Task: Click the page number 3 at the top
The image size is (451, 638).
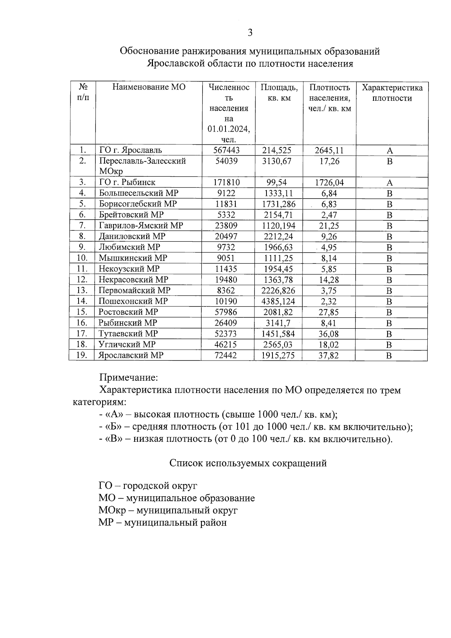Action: pos(250,33)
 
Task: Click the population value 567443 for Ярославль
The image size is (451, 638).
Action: pos(226,150)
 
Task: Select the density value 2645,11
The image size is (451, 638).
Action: pos(329,150)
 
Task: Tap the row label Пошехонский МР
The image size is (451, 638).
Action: pos(133,301)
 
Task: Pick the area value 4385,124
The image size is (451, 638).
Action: pos(279,302)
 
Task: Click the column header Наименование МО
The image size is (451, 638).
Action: pos(149,87)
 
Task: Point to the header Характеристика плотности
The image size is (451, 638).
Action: pos(392,93)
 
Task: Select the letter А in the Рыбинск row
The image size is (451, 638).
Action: pos(390,183)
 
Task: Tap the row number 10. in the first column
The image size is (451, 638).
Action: pos(82,258)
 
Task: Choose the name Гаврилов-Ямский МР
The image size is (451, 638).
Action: pos(141,226)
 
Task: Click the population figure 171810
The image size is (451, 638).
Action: pos(226,183)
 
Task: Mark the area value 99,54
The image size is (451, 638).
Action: pos(276,183)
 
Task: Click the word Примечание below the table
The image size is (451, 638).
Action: pos(128,377)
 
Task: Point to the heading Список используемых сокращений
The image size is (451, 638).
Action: pos(248,463)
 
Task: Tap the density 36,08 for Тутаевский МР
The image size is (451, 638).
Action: pos(328,334)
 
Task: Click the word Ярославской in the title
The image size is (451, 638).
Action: pos(176,64)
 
